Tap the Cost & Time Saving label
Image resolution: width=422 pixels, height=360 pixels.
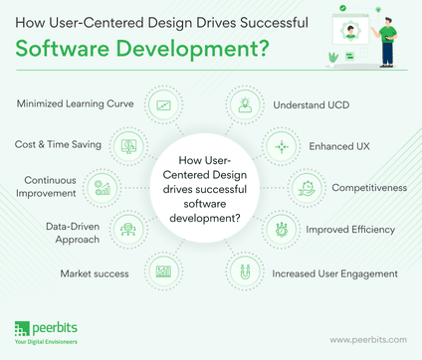[x=59, y=144]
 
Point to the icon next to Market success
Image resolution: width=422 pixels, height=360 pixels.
[x=163, y=270]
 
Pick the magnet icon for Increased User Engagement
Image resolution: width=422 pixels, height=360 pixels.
[x=242, y=270]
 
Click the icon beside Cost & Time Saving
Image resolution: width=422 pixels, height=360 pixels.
[x=127, y=145]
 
